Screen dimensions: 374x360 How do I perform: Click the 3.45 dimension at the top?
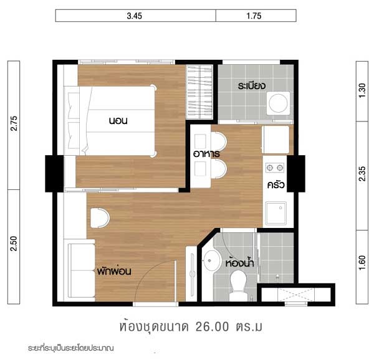click(134, 16)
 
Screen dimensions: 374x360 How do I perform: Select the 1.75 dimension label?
click(254, 16)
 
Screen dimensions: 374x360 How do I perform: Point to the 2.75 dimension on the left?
click(14, 123)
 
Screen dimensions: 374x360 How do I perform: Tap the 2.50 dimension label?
click(14, 244)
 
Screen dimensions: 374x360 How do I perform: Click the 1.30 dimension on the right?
click(362, 90)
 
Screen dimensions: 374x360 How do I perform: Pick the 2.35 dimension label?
click(362, 174)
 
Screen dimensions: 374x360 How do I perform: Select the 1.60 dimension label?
click(362, 263)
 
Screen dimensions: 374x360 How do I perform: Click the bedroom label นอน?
click(118, 121)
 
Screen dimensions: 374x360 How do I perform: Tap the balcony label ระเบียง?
click(252, 85)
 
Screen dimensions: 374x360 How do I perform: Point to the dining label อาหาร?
click(206, 154)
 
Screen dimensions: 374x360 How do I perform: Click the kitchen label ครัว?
click(276, 184)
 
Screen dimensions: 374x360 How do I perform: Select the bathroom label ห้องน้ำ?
click(240, 263)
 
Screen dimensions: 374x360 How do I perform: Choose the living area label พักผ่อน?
click(114, 271)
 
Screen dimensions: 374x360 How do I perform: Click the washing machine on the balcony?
click(279, 103)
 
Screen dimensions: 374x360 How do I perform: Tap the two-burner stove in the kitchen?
click(275, 168)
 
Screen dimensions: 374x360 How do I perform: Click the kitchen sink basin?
click(276, 213)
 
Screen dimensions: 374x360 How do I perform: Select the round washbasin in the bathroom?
click(211, 261)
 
